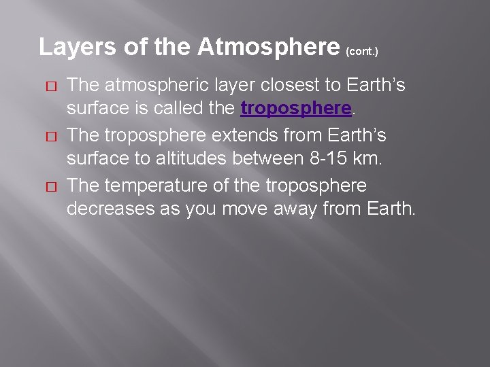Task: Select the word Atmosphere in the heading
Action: pyautogui.click(x=268, y=47)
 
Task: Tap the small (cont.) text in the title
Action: pyautogui.click(x=362, y=51)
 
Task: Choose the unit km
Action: pyautogui.click(x=371, y=159)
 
